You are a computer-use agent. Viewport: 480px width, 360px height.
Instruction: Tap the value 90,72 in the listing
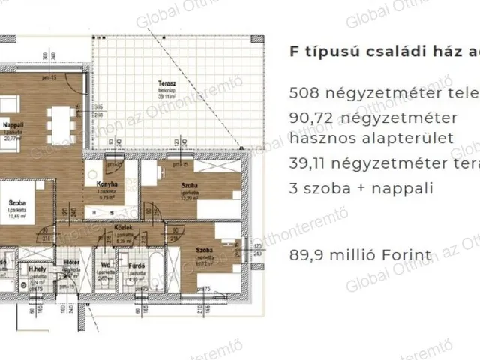pos(310,118)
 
